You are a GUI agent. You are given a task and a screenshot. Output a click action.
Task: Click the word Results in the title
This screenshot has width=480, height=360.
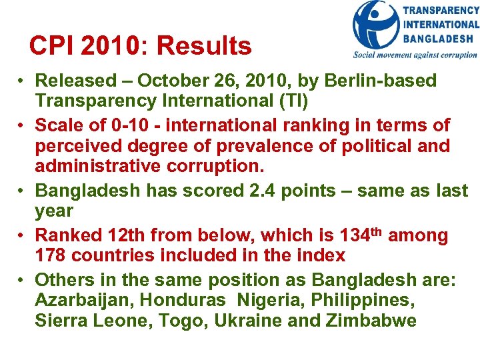click(x=204, y=46)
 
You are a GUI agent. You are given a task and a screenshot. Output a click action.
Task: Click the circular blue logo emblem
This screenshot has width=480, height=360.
click(x=376, y=25)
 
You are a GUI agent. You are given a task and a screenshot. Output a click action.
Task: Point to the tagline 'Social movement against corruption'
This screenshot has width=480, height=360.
click(x=415, y=55)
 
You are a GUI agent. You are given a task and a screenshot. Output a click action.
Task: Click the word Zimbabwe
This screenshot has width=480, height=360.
click(x=372, y=321)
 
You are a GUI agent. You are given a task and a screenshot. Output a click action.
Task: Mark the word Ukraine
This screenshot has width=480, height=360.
click(x=243, y=321)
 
